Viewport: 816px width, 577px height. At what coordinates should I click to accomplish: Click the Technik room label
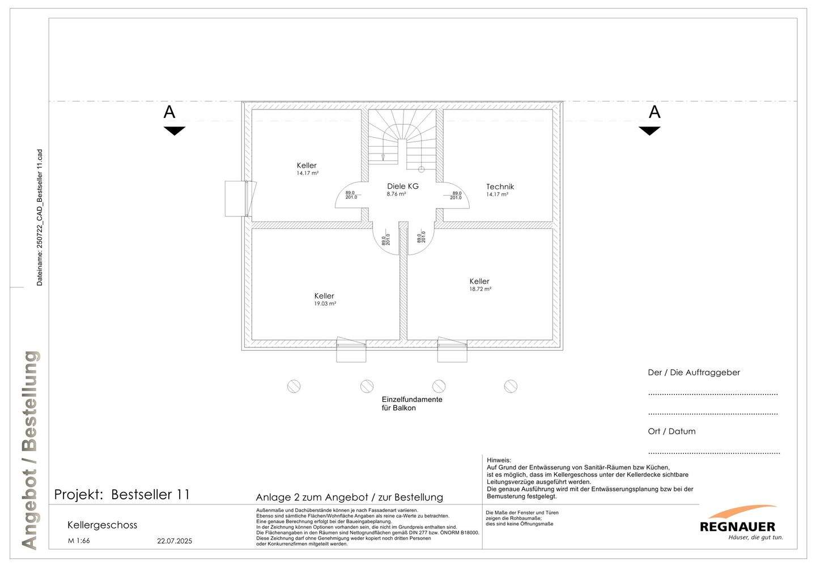tap(500, 186)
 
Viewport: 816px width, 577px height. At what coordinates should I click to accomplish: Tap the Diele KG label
tap(402, 186)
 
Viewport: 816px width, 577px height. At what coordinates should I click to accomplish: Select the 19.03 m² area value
tap(325, 304)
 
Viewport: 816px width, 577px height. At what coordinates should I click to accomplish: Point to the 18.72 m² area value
tap(480, 289)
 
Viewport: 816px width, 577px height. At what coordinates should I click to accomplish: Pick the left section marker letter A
tap(169, 112)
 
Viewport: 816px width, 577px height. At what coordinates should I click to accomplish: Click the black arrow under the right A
tap(649, 131)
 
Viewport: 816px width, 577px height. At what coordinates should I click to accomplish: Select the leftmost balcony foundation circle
tap(294, 387)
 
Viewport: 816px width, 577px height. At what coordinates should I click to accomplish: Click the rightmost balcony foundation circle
tap(511, 387)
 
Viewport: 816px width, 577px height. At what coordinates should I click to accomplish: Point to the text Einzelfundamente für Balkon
tap(412, 404)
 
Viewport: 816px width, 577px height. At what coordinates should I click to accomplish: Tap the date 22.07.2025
tap(175, 541)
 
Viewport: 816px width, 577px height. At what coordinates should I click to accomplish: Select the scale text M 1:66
tap(79, 541)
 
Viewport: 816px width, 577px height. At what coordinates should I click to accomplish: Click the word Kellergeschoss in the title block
tap(102, 525)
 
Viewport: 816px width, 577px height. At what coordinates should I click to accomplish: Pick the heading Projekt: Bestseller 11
tap(122, 494)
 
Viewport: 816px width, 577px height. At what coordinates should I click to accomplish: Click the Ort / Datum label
tap(671, 431)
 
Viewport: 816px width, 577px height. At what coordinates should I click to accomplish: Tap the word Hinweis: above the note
tap(499, 460)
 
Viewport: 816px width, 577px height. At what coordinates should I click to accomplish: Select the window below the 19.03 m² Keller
tap(351, 349)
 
